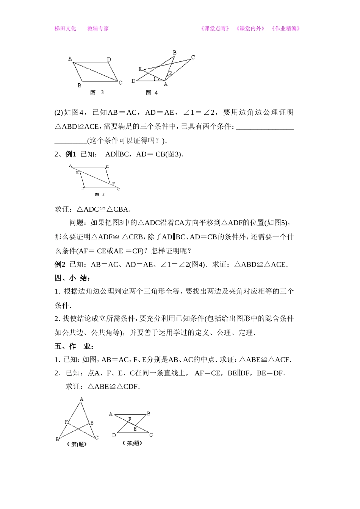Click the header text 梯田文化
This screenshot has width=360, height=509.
(65, 28)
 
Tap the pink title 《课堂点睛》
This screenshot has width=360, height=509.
(215, 28)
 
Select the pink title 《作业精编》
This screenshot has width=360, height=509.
(286, 28)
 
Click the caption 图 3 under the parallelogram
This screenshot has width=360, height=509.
(97, 92)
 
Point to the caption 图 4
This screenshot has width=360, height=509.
(152, 93)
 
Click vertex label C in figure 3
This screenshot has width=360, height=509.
(121, 83)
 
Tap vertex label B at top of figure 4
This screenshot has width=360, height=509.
(175, 53)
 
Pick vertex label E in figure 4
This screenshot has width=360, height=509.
(140, 69)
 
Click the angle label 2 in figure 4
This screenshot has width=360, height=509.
(171, 73)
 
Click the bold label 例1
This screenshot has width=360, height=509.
(71, 154)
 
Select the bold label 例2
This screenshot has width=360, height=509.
(60, 264)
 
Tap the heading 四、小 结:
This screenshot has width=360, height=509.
(72, 278)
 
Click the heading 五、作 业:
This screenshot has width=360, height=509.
(74, 346)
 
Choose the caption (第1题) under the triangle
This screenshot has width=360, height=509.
(77, 444)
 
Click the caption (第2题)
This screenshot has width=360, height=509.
(133, 443)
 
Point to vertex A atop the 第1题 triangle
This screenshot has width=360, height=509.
(81, 399)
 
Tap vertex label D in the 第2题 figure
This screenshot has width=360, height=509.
(114, 436)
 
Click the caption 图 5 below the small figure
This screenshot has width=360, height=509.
(100, 195)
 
